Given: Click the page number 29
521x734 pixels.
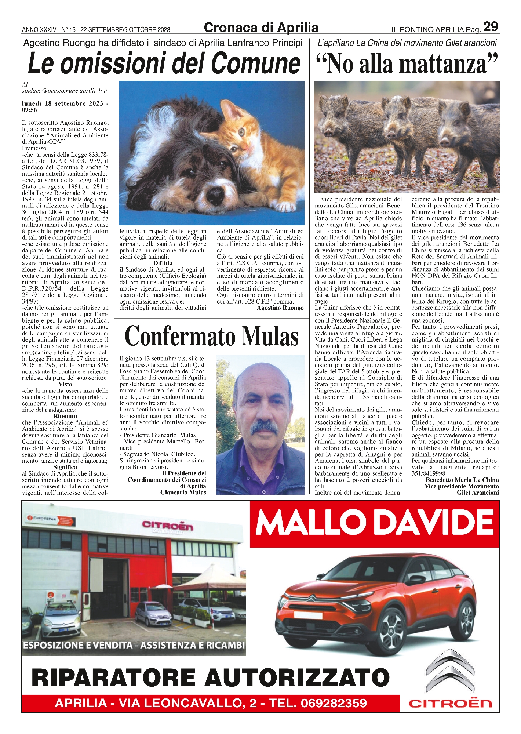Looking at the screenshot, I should point(491,27).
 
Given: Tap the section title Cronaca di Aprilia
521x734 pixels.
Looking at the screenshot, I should point(261,28).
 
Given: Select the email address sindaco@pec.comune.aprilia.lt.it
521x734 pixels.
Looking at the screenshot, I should point(64,91).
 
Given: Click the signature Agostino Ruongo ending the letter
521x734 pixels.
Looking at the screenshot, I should point(280,308).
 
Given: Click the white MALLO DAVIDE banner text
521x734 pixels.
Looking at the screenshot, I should point(374,523).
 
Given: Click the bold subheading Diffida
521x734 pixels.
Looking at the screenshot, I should point(163,263).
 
